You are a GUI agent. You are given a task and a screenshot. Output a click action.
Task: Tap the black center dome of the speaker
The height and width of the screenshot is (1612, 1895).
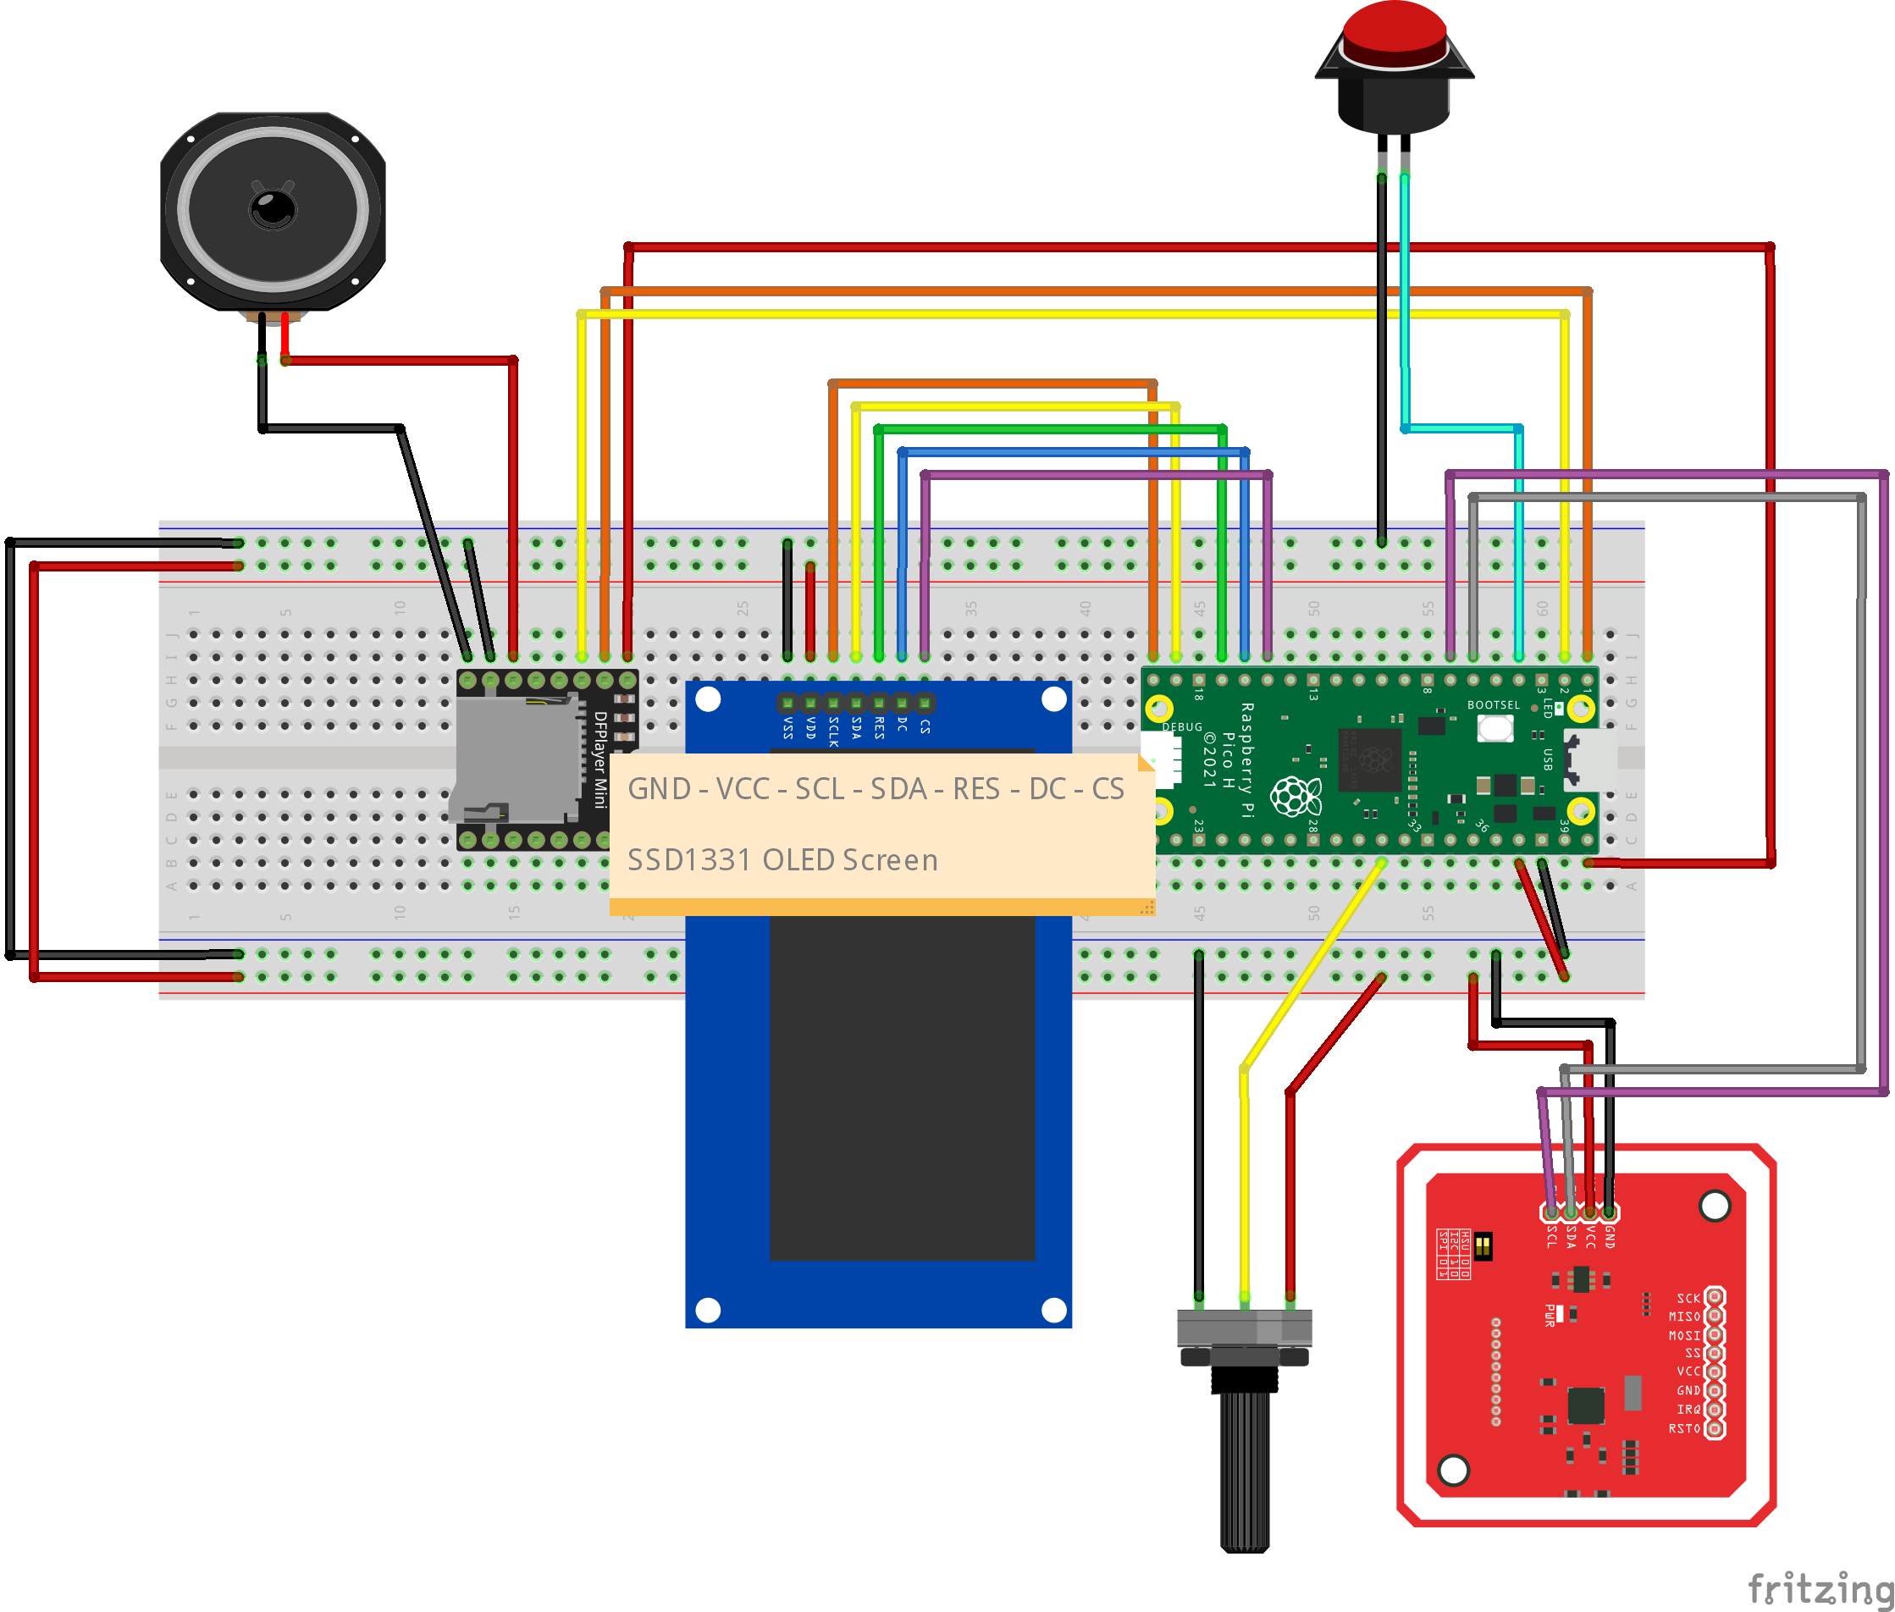[x=273, y=209]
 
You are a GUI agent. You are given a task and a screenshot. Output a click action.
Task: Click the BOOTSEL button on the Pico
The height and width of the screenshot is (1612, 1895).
[x=1494, y=728]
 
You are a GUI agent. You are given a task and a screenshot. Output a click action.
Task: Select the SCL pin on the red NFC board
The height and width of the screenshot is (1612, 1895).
[x=1551, y=1213]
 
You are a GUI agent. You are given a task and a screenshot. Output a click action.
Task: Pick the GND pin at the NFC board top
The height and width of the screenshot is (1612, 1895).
[x=1609, y=1213]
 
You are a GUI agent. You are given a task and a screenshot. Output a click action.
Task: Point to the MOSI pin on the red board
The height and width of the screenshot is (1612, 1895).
[x=1715, y=1335]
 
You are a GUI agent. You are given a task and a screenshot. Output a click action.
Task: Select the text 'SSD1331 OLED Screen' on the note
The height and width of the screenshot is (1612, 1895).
[x=782, y=860]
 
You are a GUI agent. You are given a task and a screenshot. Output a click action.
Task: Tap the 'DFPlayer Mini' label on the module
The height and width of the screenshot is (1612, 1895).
[x=600, y=759]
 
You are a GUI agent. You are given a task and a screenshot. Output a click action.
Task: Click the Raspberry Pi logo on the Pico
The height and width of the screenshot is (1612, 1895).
[x=1296, y=796]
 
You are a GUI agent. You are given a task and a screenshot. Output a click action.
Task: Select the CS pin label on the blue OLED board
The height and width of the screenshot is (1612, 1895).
[x=925, y=726]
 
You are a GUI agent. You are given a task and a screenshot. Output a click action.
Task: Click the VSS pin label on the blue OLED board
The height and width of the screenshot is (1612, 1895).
[x=787, y=727]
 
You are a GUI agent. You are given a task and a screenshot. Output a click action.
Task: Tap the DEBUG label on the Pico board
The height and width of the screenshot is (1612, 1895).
[x=1182, y=727]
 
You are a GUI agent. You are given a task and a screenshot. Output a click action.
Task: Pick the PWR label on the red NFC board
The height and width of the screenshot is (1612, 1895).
[x=1550, y=1315]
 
